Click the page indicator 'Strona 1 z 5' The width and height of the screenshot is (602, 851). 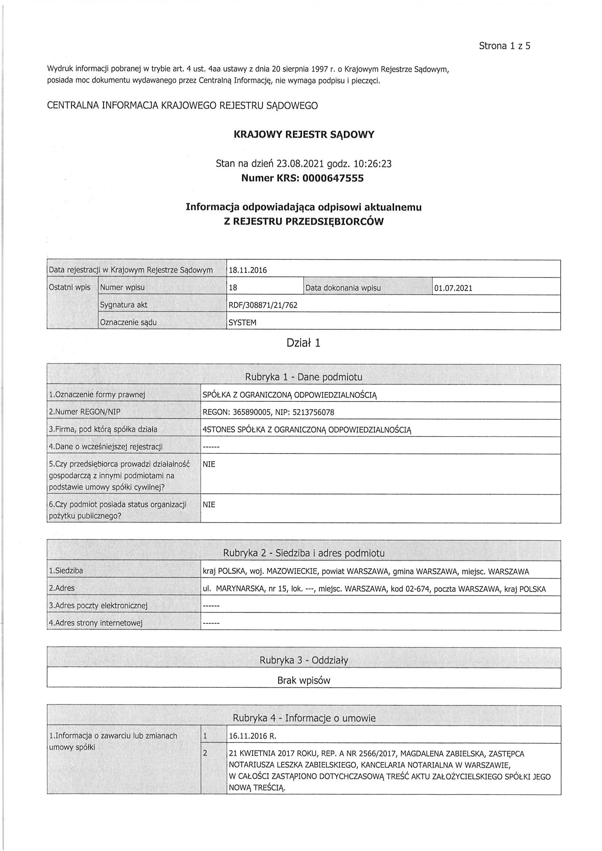[504, 46]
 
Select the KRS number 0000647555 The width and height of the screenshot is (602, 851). [333, 178]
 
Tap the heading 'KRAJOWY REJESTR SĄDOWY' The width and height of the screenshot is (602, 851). [304, 134]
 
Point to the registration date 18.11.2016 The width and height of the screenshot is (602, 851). [248, 270]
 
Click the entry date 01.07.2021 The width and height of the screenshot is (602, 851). [453, 288]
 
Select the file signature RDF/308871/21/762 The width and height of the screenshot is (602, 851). [263, 305]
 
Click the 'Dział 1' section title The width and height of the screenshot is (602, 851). [303, 343]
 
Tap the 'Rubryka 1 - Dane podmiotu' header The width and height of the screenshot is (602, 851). [303, 377]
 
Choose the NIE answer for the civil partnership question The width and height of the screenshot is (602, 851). [209, 464]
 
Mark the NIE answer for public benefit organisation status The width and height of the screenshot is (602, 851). [209, 504]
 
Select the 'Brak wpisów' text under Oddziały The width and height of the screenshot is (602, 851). [303, 680]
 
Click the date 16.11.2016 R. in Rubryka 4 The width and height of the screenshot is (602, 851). [252, 736]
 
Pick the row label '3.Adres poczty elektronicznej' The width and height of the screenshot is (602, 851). [98, 606]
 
